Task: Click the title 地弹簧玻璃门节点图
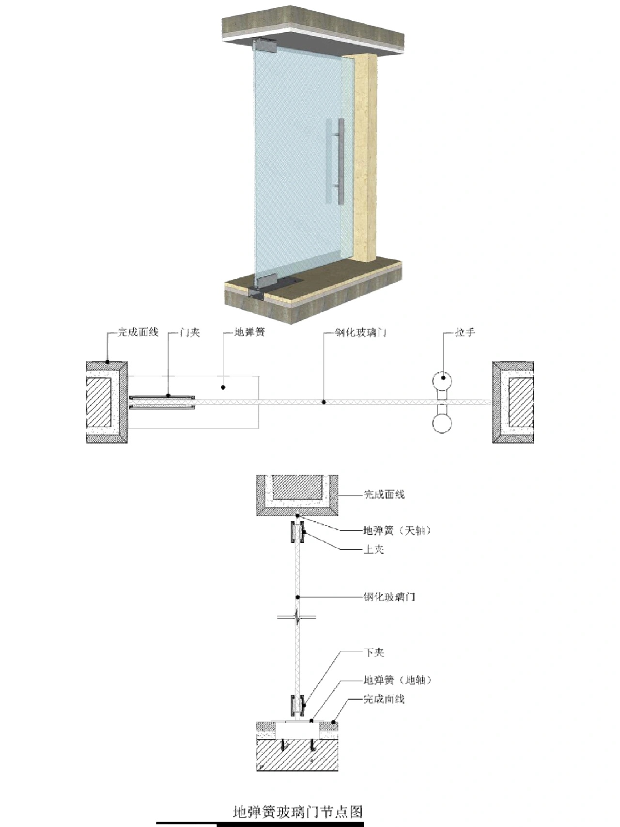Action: pos(298,811)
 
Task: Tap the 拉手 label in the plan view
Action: pos(465,333)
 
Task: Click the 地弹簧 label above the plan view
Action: pos(249,333)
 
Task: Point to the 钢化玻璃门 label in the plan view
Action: pos(361,333)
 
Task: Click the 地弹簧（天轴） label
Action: pos(397,530)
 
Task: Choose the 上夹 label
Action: pos(373,549)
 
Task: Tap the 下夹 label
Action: pos(373,652)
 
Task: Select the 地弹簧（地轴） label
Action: pos(397,680)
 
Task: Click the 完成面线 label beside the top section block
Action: pos(384,494)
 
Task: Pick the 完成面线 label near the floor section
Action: pos(384,699)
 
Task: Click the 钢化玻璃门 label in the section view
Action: pos(389,597)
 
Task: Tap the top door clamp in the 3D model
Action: pos(264,46)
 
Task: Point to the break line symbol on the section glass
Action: pos(297,617)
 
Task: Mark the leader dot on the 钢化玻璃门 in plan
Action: pos(324,402)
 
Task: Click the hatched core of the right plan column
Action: pos(521,402)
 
